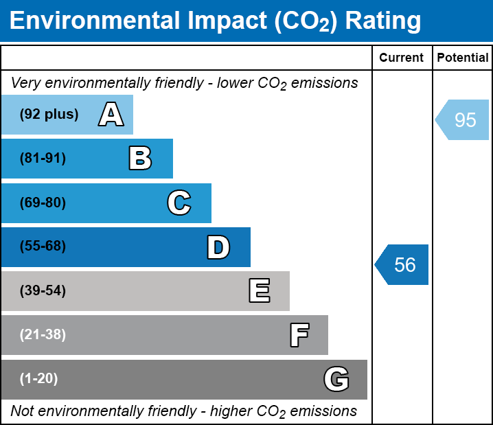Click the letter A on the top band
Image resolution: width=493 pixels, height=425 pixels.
(x=111, y=115)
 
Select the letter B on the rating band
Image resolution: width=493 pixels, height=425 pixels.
(x=140, y=159)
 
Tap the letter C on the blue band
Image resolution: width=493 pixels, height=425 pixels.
(x=179, y=203)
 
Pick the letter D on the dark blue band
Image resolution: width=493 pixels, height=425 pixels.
(x=218, y=247)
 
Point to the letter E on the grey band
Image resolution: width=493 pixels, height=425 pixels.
(x=259, y=291)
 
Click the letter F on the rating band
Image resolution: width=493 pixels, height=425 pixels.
(x=299, y=335)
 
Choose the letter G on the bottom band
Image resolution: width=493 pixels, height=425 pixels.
(x=336, y=379)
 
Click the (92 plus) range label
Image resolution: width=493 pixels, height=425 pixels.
(x=49, y=115)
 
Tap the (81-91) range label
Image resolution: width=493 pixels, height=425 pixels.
(x=43, y=159)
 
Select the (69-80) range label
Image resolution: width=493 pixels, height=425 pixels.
(x=43, y=203)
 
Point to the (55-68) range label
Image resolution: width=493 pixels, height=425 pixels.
(x=43, y=246)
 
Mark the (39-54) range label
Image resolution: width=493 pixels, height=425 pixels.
(x=43, y=291)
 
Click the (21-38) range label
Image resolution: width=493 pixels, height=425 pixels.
(x=43, y=335)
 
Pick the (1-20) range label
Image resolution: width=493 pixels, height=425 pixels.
(x=39, y=379)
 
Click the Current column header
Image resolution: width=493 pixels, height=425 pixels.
(x=402, y=58)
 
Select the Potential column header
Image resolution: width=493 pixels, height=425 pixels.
(x=463, y=58)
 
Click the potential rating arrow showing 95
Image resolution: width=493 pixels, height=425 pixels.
(x=463, y=120)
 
